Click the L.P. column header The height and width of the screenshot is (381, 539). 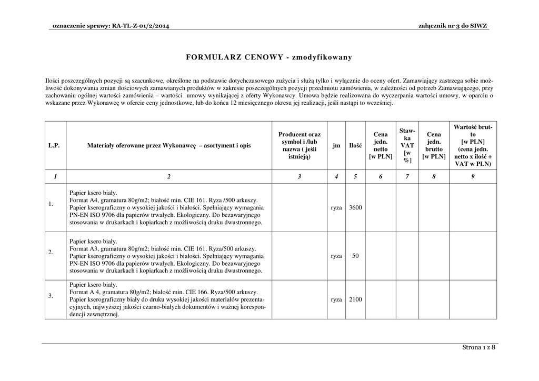point(54,145)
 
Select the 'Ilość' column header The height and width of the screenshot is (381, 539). point(355,145)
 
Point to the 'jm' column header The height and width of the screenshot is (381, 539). point(336,145)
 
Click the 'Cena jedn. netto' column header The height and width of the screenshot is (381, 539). point(380,145)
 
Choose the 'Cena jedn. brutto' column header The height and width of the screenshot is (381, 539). point(434,145)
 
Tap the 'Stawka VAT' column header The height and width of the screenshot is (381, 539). point(407,145)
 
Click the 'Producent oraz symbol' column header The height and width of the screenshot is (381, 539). point(299,145)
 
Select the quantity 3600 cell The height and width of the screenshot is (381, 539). point(355,208)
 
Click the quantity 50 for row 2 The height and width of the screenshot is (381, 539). point(355,256)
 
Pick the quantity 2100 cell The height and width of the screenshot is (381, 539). point(355,299)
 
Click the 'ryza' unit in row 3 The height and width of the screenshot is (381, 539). point(336,299)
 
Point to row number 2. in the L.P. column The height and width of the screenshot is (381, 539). point(51,252)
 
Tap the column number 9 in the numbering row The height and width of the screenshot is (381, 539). point(473,177)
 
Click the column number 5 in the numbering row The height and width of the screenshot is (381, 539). point(355,177)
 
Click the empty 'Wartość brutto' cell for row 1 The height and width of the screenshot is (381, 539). point(473,208)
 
